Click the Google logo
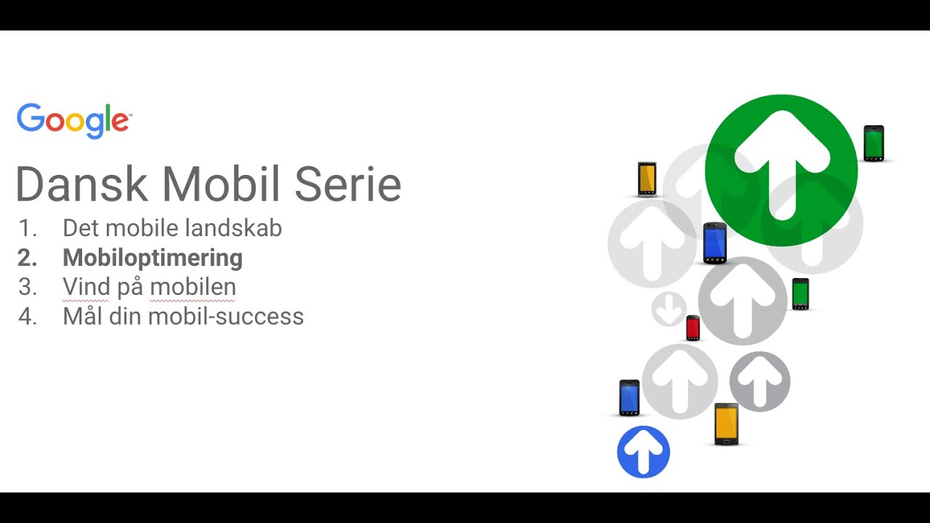[x=73, y=121]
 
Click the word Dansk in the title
[x=82, y=185]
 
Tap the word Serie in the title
[x=347, y=185]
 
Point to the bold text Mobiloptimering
[x=153, y=258]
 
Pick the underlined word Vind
[x=86, y=287]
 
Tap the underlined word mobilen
[x=193, y=287]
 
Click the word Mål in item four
[x=80, y=317]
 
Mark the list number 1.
[x=27, y=228]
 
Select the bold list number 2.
[x=27, y=258]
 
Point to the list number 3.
[x=27, y=287]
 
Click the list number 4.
[x=27, y=317]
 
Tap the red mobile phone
[x=693, y=328]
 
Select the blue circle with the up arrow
[x=643, y=452]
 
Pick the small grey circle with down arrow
[x=668, y=309]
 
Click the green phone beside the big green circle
[x=873, y=143]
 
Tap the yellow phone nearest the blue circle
[x=726, y=423]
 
